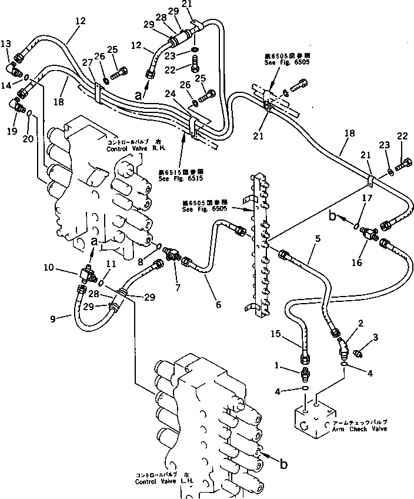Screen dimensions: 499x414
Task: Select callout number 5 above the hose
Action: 317,239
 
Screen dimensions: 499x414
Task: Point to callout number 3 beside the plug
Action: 375,337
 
